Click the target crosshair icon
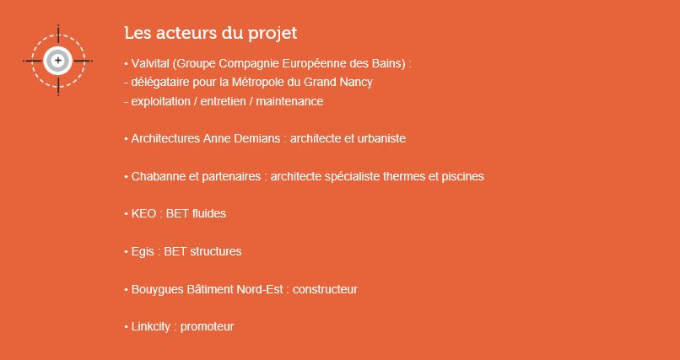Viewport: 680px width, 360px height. coord(58,61)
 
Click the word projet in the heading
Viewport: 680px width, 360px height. coord(273,34)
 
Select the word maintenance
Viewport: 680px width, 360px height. coord(289,102)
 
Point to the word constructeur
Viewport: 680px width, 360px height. coord(325,289)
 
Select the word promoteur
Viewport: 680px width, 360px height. coord(207,326)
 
